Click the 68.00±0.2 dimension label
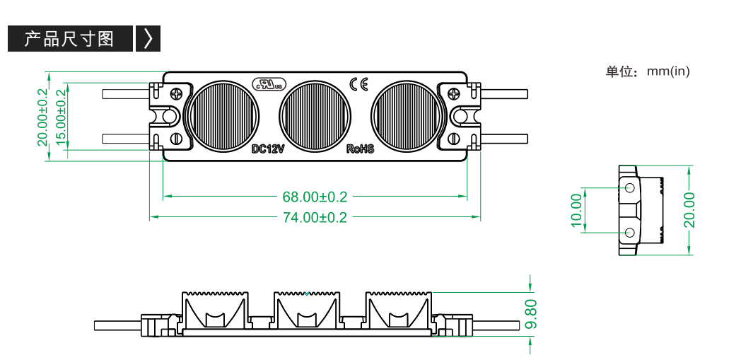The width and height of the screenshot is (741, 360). click(315, 196)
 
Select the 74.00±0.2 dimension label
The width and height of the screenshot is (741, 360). click(315, 217)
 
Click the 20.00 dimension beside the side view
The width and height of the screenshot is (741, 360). click(689, 210)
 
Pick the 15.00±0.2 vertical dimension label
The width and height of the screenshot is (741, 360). click(61, 116)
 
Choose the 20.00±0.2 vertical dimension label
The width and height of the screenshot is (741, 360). click(43, 116)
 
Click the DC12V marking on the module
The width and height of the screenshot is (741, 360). click(268, 149)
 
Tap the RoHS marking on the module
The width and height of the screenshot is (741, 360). click(360, 149)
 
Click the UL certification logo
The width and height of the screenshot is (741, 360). click(269, 83)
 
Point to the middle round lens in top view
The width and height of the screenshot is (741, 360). click(314, 116)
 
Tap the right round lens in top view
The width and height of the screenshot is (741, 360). click(407, 116)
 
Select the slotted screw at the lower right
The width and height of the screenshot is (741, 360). click(453, 139)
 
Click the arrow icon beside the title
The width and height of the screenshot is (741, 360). click(148, 38)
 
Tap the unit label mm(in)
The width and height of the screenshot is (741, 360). click(668, 71)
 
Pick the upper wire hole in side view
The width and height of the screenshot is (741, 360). click(630, 187)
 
